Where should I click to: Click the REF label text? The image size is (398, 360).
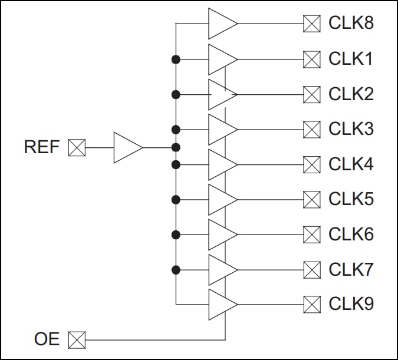coord(42,147)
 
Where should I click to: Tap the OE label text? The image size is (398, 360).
coord(47,339)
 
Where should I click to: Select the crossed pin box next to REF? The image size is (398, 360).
coord(77,147)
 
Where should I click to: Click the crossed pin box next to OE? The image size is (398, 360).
coord(77,339)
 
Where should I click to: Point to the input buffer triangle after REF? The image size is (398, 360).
coord(127,147)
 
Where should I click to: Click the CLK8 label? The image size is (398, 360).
coord(351,24)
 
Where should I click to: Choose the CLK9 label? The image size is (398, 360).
coord(351,304)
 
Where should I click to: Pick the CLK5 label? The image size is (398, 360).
coord(351,199)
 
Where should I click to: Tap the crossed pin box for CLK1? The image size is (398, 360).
coord(311,59)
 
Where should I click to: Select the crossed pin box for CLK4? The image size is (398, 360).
coord(311,164)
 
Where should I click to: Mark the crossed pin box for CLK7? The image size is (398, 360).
coord(311,269)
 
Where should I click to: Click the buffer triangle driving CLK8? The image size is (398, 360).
coord(221,24)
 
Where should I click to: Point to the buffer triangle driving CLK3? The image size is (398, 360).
coord(221,129)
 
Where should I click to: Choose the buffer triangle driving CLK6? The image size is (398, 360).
coord(221,235)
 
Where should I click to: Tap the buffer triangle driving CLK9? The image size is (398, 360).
coord(221,304)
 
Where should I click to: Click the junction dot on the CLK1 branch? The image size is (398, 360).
coord(176,59)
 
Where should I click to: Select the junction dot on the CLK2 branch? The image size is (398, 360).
coord(176,94)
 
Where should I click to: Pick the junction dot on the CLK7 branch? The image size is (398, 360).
coord(176,269)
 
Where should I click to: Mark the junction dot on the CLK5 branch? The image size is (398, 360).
coord(176,199)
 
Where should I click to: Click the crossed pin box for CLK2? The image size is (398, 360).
coord(311,94)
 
